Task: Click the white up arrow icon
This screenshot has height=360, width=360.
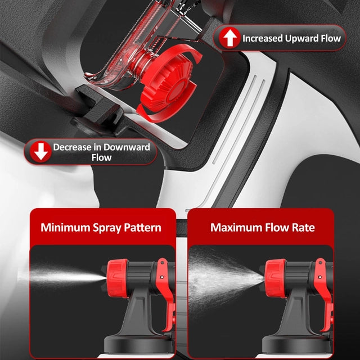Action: pyautogui.click(x=230, y=38)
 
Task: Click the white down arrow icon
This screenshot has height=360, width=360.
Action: pyautogui.click(x=41, y=152)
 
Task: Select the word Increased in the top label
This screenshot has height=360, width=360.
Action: pyautogui.click(x=263, y=38)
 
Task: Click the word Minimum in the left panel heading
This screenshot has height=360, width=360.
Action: pyautogui.click(x=65, y=227)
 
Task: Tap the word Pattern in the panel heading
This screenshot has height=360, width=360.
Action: pyautogui.click(x=142, y=228)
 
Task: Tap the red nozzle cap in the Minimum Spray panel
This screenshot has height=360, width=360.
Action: pyautogui.click(x=118, y=278)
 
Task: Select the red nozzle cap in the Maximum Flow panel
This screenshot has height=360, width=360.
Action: pyautogui.click(x=275, y=278)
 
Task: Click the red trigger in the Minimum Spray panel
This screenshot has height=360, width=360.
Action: pyautogui.click(x=166, y=294)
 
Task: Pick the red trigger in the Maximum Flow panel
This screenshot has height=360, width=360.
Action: pyautogui.click(x=325, y=294)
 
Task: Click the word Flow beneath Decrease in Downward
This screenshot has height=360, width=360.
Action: pyautogui.click(x=101, y=157)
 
